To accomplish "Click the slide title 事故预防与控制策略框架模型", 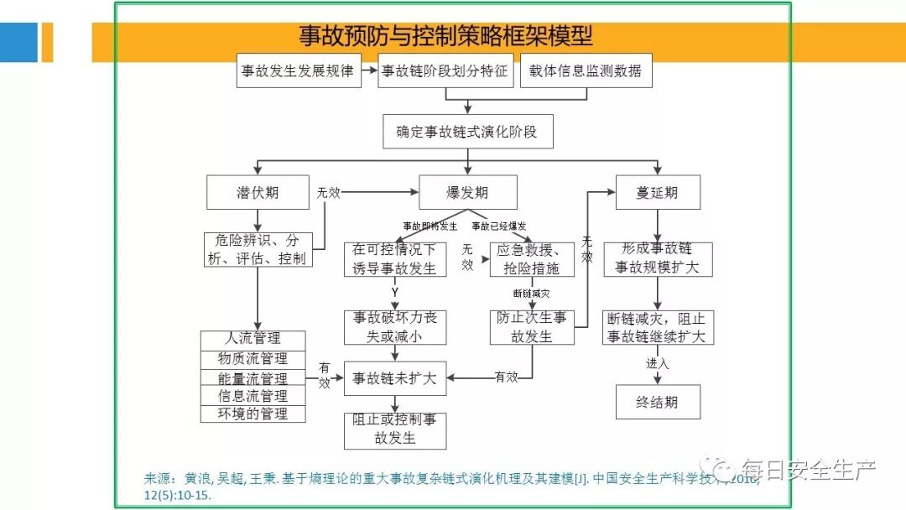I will (x=445, y=36).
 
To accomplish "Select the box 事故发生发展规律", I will (x=298, y=71).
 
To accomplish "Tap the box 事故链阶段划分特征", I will (x=445, y=71).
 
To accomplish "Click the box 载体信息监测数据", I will (x=586, y=71).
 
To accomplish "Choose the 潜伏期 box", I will (x=258, y=193).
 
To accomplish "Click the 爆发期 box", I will (x=467, y=193).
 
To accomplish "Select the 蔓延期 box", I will (x=657, y=193).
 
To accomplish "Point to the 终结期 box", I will (x=657, y=402).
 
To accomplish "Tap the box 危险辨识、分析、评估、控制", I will (x=258, y=250).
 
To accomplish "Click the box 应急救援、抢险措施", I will (x=533, y=259).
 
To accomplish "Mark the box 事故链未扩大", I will (x=394, y=379).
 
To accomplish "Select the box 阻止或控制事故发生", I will (x=394, y=429).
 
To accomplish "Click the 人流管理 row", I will (x=253, y=339).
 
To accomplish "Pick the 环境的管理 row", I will (x=253, y=414).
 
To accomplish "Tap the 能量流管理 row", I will (x=253, y=378).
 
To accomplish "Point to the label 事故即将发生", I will (x=430, y=226).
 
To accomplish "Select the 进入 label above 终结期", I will (x=657, y=363).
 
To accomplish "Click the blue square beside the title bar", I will (x=18, y=42).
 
